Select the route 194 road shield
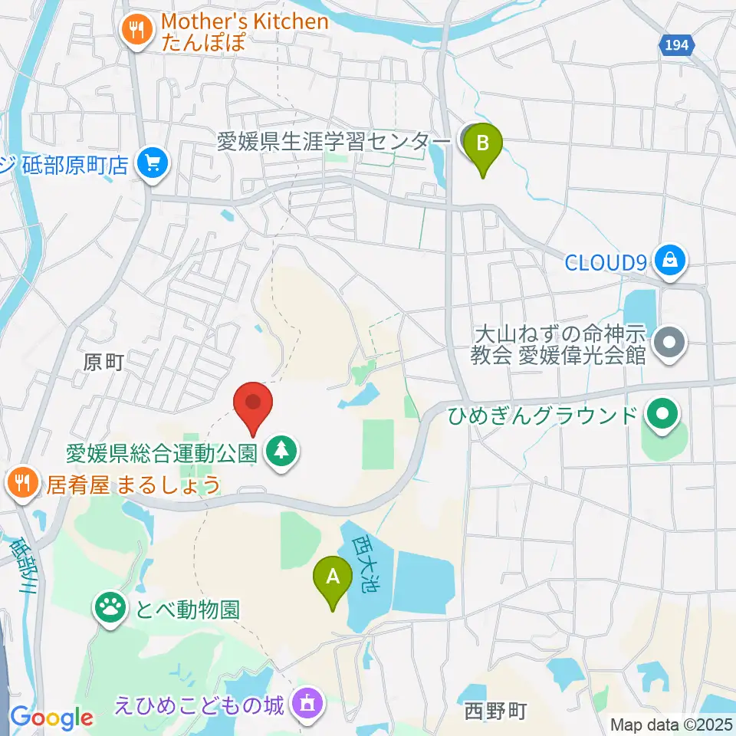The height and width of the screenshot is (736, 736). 676,46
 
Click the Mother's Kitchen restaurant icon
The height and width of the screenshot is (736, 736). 136,30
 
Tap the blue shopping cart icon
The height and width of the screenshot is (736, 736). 153,163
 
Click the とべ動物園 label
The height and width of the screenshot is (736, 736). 187,610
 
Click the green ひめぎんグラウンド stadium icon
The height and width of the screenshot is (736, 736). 661,416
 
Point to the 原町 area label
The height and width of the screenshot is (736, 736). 104,362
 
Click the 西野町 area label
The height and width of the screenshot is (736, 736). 495,711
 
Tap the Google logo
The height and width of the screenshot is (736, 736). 51,718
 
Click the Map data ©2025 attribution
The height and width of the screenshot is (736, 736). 672,724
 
